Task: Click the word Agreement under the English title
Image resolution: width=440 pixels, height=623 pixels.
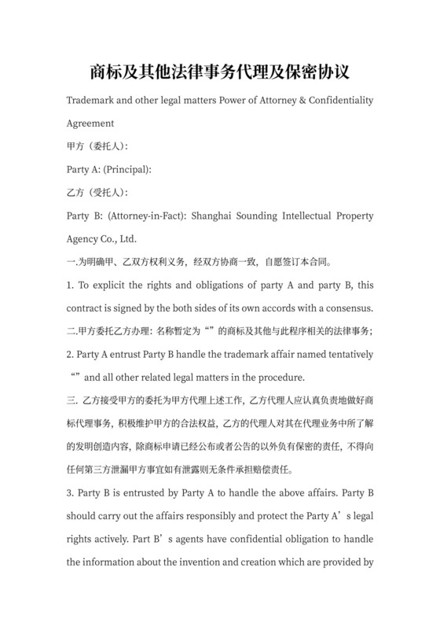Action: pos(91,123)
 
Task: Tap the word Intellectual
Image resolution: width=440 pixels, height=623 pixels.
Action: pos(312,216)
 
